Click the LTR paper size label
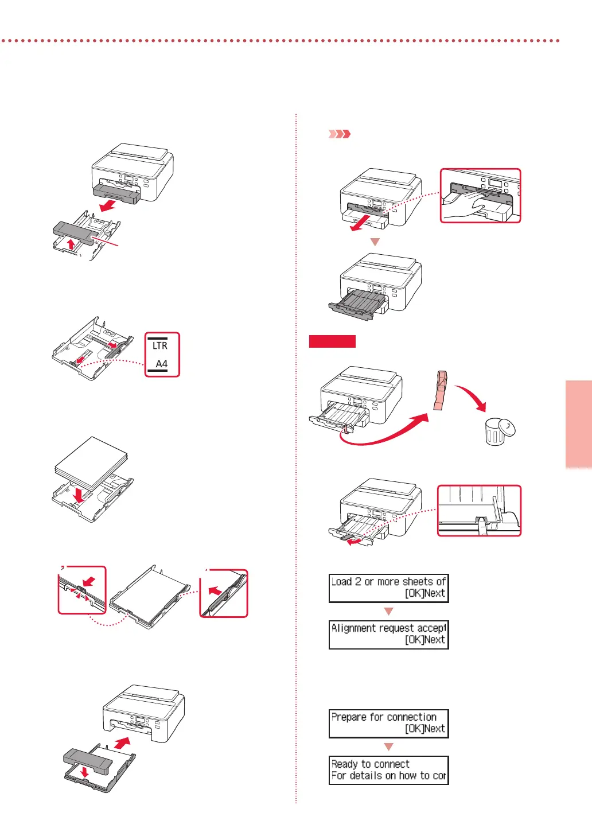(160, 345)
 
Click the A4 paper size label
(162, 364)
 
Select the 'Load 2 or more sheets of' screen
(388, 588)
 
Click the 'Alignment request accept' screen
(388, 635)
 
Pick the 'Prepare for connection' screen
(388, 724)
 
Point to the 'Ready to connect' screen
(388, 770)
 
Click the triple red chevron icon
(339, 134)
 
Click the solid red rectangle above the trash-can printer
(332, 341)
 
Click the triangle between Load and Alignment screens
(388, 612)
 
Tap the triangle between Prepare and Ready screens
(388, 747)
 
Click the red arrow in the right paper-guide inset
(215, 590)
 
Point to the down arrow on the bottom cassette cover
(85, 772)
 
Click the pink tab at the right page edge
(578, 424)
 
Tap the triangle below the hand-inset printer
(375, 242)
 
